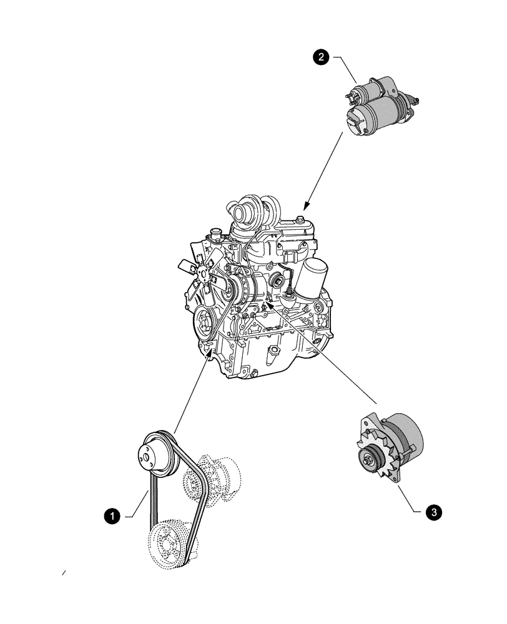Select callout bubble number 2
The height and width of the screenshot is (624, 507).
click(x=322, y=57)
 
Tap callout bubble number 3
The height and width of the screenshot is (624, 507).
click(x=435, y=512)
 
